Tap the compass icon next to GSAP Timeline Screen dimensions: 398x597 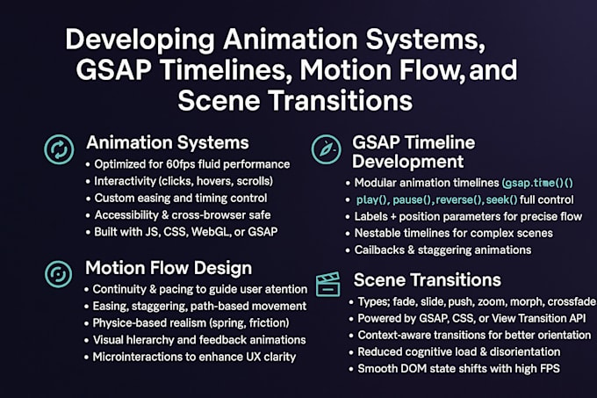coord(326,148)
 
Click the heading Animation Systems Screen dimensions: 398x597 coord(167,142)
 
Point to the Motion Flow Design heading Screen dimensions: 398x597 coord(169,267)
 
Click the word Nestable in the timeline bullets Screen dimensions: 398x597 coord(374,233)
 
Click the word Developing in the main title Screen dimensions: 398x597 coord(131,40)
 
